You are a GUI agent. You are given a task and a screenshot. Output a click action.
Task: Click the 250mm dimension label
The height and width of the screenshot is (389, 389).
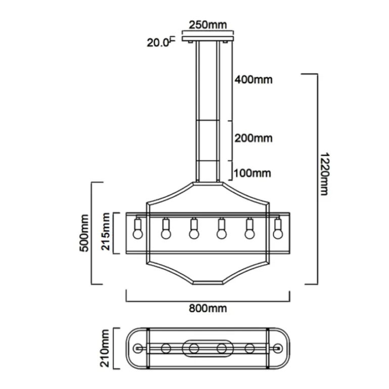pyautogui.click(x=208, y=24)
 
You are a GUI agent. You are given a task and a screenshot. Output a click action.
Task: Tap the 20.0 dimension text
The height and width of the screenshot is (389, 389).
pyautogui.click(x=158, y=42)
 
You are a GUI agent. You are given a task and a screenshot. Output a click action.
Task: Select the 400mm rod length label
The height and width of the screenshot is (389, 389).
pyautogui.click(x=253, y=79)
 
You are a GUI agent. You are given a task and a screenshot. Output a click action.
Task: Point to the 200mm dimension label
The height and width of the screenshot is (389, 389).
pyautogui.click(x=253, y=138)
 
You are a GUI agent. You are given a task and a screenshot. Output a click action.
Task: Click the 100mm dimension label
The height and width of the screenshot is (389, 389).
pyautogui.click(x=253, y=173)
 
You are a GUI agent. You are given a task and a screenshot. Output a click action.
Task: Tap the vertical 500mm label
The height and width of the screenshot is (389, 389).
pyautogui.click(x=84, y=233)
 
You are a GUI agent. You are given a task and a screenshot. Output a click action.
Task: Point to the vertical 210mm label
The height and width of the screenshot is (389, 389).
pyautogui.click(x=105, y=348)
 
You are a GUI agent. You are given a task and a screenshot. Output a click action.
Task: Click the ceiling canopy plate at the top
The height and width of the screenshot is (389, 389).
pyautogui.click(x=208, y=37)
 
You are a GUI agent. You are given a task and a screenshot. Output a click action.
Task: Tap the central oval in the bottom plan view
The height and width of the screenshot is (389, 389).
pyautogui.click(x=208, y=348)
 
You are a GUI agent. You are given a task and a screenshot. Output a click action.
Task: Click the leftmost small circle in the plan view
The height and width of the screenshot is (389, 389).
pyautogui.click(x=139, y=348)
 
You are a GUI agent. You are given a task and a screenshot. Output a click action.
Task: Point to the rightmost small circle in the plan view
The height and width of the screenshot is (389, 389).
pyautogui.click(x=277, y=348)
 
